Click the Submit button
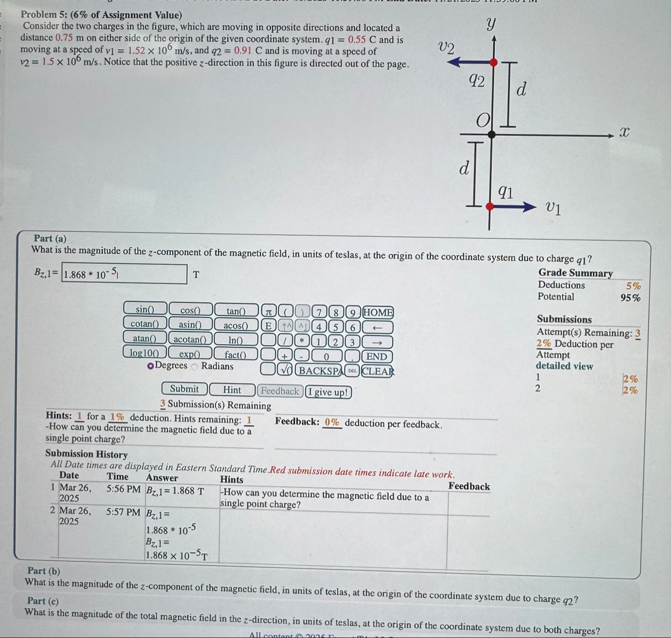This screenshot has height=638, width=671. [x=184, y=389]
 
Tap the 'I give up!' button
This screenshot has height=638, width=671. [x=328, y=392]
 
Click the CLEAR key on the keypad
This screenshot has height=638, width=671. [x=378, y=371]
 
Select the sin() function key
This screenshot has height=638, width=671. [x=144, y=310]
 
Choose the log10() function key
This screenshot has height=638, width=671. [x=144, y=353]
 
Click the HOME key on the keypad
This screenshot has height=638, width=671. [x=378, y=312]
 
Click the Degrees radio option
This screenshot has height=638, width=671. [x=151, y=366]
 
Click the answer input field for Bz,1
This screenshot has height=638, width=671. [x=125, y=274]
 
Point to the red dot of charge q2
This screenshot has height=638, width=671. [x=494, y=62]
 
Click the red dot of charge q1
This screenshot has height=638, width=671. [x=490, y=206]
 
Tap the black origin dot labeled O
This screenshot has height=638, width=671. [x=491, y=134]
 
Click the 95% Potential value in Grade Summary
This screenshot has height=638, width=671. [x=630, y=298]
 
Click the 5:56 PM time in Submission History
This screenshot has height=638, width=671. [x=123, y=489]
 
